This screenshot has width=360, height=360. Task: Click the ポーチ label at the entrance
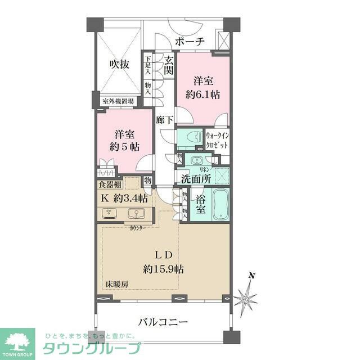click(x=189, y=41)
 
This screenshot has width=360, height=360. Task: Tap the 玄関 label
click(x=168, y=65)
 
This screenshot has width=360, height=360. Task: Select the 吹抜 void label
click(x=119, y=64)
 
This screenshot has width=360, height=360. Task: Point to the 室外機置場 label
click(x=118, y=102)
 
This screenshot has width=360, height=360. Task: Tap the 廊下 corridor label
click(x=164, y=119)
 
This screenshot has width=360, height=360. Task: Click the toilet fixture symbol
click(x=188, y=137)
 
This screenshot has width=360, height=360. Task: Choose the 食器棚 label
click(x=110, y=184)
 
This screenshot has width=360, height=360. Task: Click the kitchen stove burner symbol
click(x=109, y=213)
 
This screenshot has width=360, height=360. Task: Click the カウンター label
click(x=138, y=228)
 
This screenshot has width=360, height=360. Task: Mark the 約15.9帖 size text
click(x=164, y=269)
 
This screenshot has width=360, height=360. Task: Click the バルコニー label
click(x=163, y=322)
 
